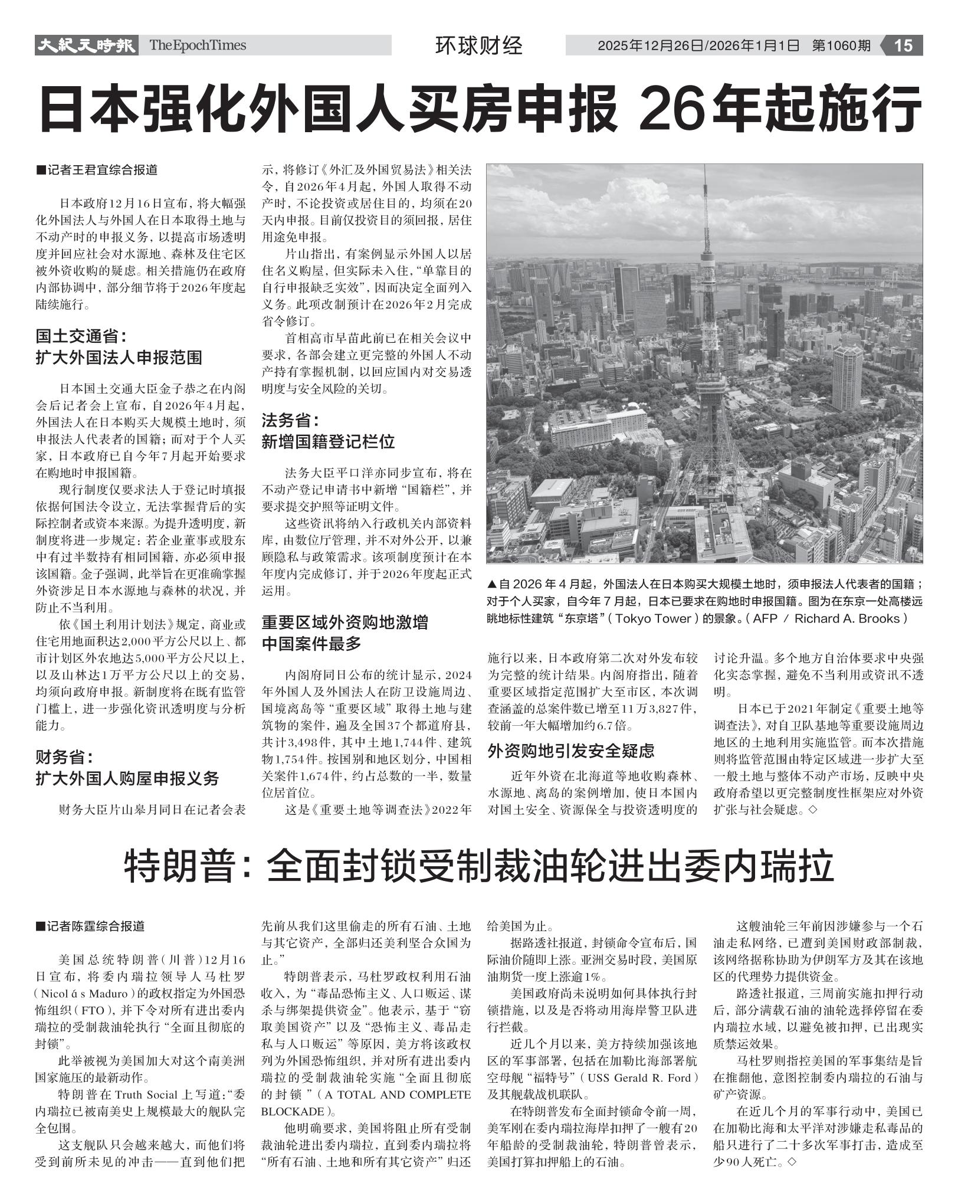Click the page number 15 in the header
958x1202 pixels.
coord(903,45)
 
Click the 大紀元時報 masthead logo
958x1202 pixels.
coord(86,45)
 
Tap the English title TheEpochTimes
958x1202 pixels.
coord(197,45)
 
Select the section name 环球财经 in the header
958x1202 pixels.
coord(478,45)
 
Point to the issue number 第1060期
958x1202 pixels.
coord(841,45)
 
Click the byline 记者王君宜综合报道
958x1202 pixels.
coord(101,170)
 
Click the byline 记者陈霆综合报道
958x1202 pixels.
coord(94,926)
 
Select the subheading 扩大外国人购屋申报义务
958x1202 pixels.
coord(127,778)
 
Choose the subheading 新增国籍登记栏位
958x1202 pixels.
coord(328,441)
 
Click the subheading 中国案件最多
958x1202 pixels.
coord(311,643)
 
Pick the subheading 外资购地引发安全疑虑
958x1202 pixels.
coord(571,751)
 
